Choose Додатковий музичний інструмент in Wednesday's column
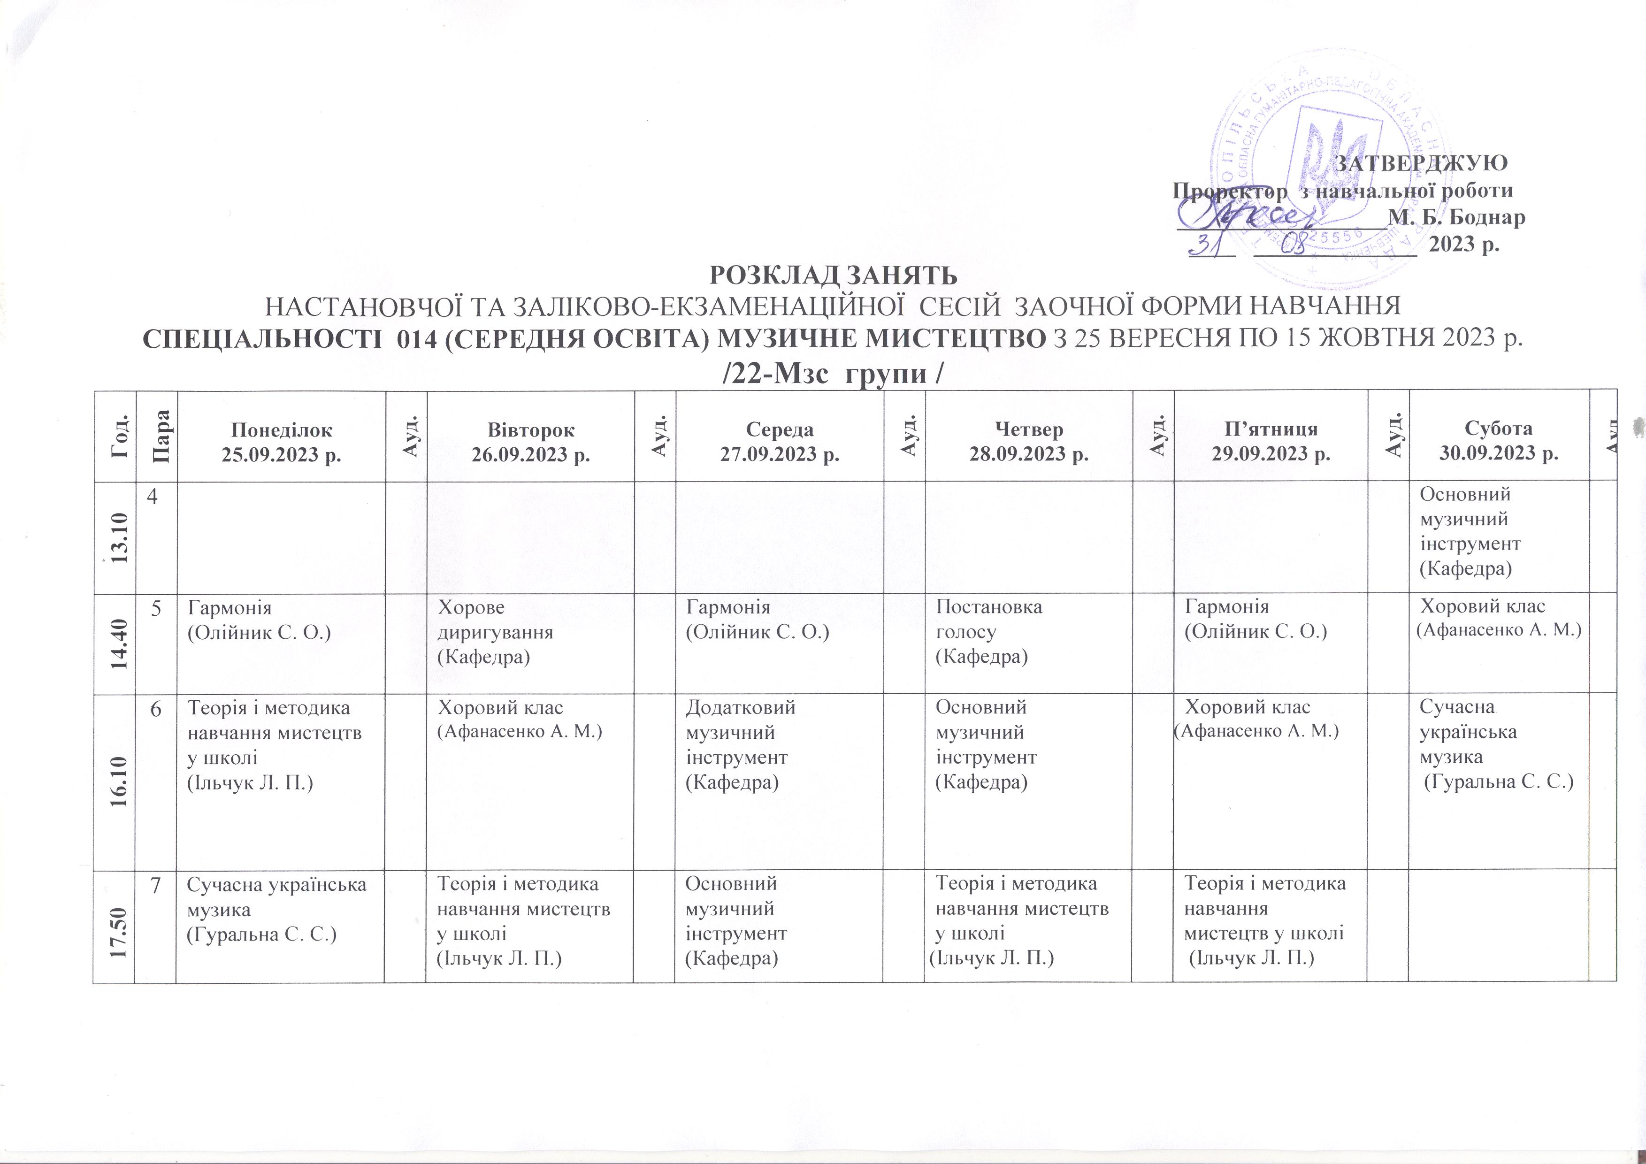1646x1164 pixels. [x=740, y=745]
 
